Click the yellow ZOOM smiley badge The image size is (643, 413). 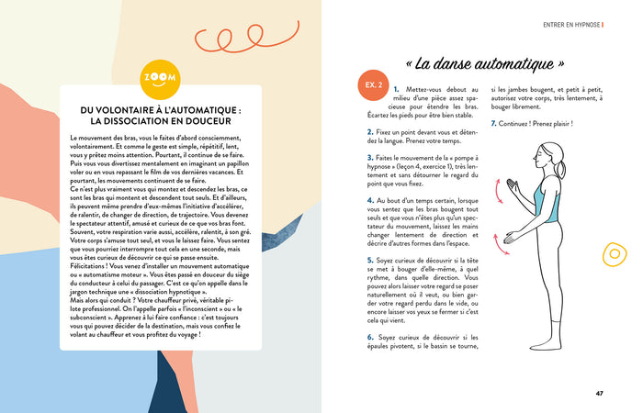(162, 81)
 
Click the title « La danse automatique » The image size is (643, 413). (484, 64)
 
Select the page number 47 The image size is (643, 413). (599, 394)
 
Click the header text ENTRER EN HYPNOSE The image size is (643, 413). (571, 25)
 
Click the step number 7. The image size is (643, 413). (493, 123)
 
